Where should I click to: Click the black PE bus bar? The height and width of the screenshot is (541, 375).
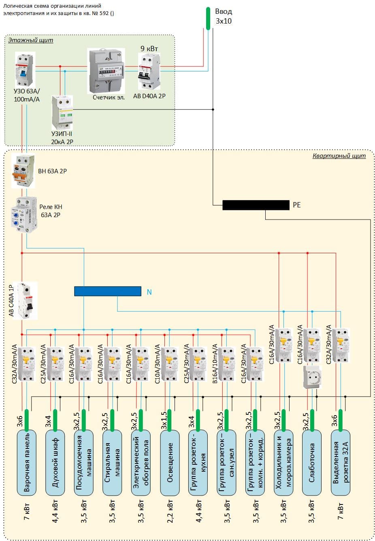click(x=256, y=205)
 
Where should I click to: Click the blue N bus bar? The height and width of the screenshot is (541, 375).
click(x=108, y=291)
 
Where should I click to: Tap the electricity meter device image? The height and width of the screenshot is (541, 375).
click(x=106, y=71)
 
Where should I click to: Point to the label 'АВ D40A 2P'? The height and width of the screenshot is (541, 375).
click(x=149, y=96)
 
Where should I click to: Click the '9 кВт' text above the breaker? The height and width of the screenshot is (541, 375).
click(x=149, y=49)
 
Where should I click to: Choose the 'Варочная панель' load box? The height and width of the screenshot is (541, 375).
click(x=27, y=463)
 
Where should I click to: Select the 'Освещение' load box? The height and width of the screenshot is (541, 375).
click(x=170, y=463)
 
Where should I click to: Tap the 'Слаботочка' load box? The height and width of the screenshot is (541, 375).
click(x=312, y=463)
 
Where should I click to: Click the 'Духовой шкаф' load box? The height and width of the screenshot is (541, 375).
click(x=55, y=463)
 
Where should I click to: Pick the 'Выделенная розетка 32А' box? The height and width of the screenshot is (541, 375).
click(x=341, y=463)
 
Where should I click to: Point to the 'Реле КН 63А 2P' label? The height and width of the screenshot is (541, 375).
click(x=51, y=211)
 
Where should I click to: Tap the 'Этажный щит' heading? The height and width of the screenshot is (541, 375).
click(x=31, y=40)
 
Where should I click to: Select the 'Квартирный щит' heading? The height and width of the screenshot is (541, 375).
click(x=339, y=156)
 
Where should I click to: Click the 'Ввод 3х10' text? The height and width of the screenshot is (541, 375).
click(x=223, y=16)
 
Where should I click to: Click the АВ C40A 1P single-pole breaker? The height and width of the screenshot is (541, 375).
click(x=25, y=301)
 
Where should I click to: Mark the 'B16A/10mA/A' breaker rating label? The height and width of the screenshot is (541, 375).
click(x=215, y=364)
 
